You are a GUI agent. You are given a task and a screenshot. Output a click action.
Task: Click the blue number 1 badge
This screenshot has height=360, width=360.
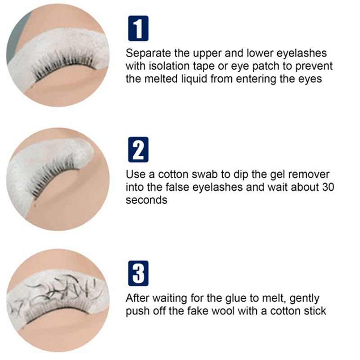[x=138, y=28]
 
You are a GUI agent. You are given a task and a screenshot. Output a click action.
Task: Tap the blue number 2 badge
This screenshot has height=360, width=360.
[x=138, y=149]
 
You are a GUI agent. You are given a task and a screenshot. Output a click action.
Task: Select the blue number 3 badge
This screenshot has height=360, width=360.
[x=138, y=273]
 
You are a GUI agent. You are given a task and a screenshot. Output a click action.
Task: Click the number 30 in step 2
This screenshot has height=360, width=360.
[x=328, y=187]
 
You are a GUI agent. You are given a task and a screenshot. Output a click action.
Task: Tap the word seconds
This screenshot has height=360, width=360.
[x=147, y=200]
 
